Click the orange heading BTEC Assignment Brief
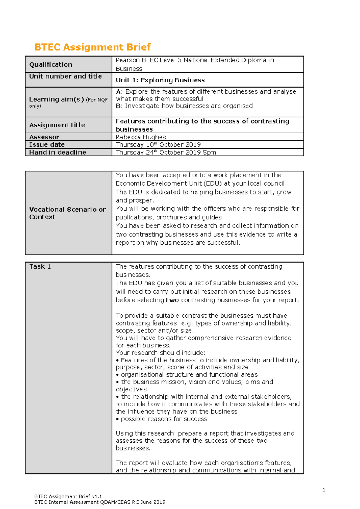(92, 47)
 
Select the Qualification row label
(51, 64)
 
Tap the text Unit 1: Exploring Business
(160, 80)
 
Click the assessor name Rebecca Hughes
(141, 137)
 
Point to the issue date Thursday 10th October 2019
(158, 144)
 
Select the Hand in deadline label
(58, 152)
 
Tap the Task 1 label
(40, 266)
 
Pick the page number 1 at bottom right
(324, 490)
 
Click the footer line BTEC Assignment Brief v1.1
(68, 496)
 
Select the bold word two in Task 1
(172, 300)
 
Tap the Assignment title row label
(57, 125)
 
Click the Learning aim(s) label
(56, 99)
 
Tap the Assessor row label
(44, 137)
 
